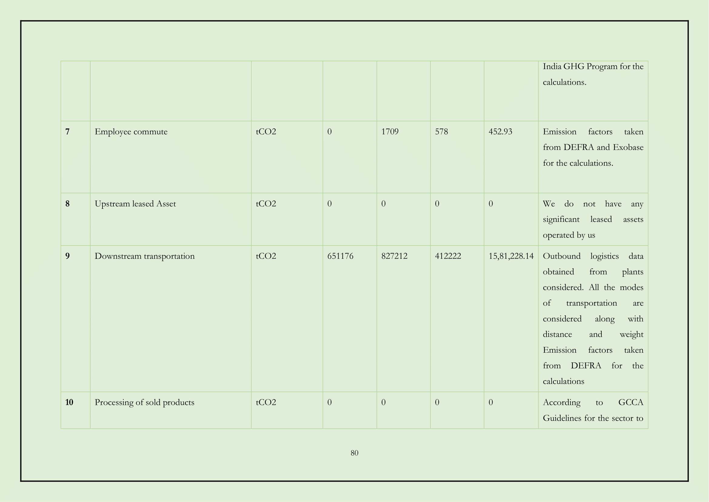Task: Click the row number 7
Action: pyautogui.click(x=68, y=132)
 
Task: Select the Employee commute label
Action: pyautogui.click(x=131, y=132)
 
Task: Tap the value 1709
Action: pyautogui.click(x=390, y=132)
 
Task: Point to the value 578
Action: pyautogui.click(x=441, y=132)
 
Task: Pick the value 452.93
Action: pyautogui.click(x=500, y=132)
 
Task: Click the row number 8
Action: pyautogui.click(x=68, y=204)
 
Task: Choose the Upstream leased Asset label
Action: pyautogui.click(x=135, y=204)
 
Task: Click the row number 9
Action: pyautogui.click(x=68, y=256)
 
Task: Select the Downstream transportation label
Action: pyautogui.click(x=145, y=256)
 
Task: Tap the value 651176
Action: pyautogui.click(x=340, y=256)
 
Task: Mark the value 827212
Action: pyautogui.click(x=394, y=256)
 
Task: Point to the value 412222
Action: pyautogui.click(x=448, y=256)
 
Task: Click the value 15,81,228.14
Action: pyautogui.click(x=511, y=256)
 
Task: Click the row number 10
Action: pyautogui.click(x=69, y=402)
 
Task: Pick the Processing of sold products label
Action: pyautogui.click(x=145, y=402)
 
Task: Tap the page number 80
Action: pyautogui.click(x=355, y=453)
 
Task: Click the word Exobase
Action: pyautogui.click(x=628, y=148)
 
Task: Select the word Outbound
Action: pyautogui.click(x=561, y=256)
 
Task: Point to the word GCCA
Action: pyautogui.click(x=630, y=402)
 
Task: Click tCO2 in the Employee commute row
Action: pyautogui.click(x=266, y=132)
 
